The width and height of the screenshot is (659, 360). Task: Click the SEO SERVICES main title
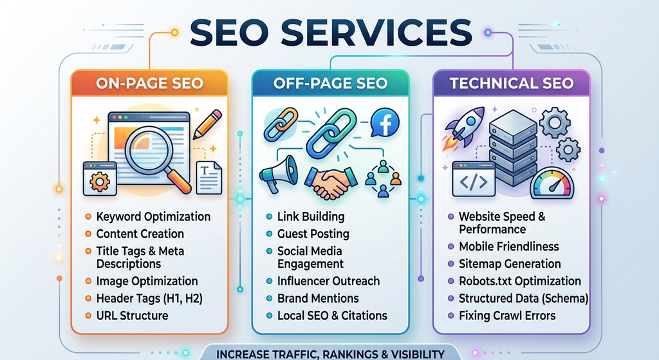(x=331, y=32)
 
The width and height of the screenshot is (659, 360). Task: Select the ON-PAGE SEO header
(x=149, y=83)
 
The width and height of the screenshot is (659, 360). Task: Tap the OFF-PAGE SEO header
(x=330, y=83)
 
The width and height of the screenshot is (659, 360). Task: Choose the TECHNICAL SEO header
(x=512, y=83)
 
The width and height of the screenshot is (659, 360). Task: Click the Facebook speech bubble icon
(x=385, y=122)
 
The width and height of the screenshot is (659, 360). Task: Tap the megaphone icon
(x=278, y=173)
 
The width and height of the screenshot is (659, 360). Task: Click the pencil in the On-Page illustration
(x=207, y=124)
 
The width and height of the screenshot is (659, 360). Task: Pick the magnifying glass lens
(x=149, y=149)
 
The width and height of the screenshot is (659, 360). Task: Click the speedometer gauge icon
(x=552, y=184)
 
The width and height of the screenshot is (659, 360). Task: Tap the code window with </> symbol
(x=473, y=180)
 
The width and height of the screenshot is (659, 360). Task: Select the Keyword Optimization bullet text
(x=153, y=216)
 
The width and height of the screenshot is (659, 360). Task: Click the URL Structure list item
(x=133, y=316)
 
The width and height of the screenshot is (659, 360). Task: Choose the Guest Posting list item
(x=313, y=234)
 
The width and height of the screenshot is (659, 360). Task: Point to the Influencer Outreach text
(x=328, y=281)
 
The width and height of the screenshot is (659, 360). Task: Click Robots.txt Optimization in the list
(x=520, y=281)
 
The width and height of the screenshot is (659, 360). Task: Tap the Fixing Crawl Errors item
(x=507, y=316)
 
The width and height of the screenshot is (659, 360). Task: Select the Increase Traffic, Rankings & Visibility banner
(x=330, y=354)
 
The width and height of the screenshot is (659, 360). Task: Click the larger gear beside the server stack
(x=555, y=122)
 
